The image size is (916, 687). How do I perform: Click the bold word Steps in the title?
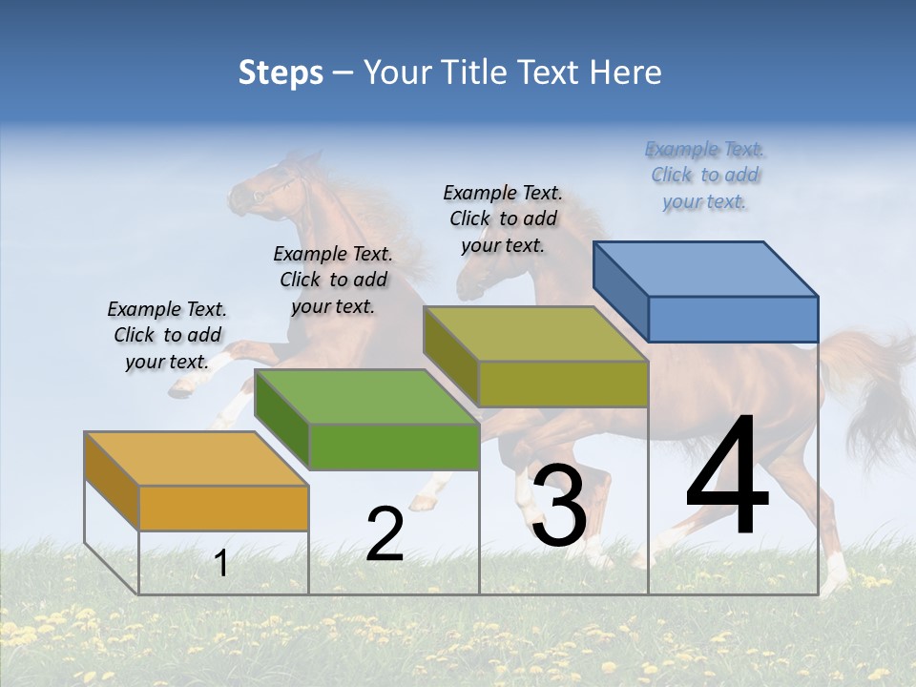(281, 73)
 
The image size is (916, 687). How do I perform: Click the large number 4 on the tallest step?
(727, 476)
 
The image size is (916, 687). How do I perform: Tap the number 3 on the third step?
(558, 506)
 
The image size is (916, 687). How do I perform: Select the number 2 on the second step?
(385, 534)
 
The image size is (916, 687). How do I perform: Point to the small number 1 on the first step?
(220, 563)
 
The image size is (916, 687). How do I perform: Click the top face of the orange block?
(196, 459)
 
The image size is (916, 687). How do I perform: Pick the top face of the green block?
(366, 397)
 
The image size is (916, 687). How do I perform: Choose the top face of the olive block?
(535, 334)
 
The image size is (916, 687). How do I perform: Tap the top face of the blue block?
(705, 269)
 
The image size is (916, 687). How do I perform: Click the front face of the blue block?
(733, 319)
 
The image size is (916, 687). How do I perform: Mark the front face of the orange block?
(223, 508)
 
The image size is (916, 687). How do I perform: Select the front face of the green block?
(393, 447)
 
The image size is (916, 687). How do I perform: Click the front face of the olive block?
(563, 385)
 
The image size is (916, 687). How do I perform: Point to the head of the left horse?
(262, 186)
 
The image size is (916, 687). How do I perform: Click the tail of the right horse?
(873, 391)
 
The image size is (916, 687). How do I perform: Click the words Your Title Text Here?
(512, 73)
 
